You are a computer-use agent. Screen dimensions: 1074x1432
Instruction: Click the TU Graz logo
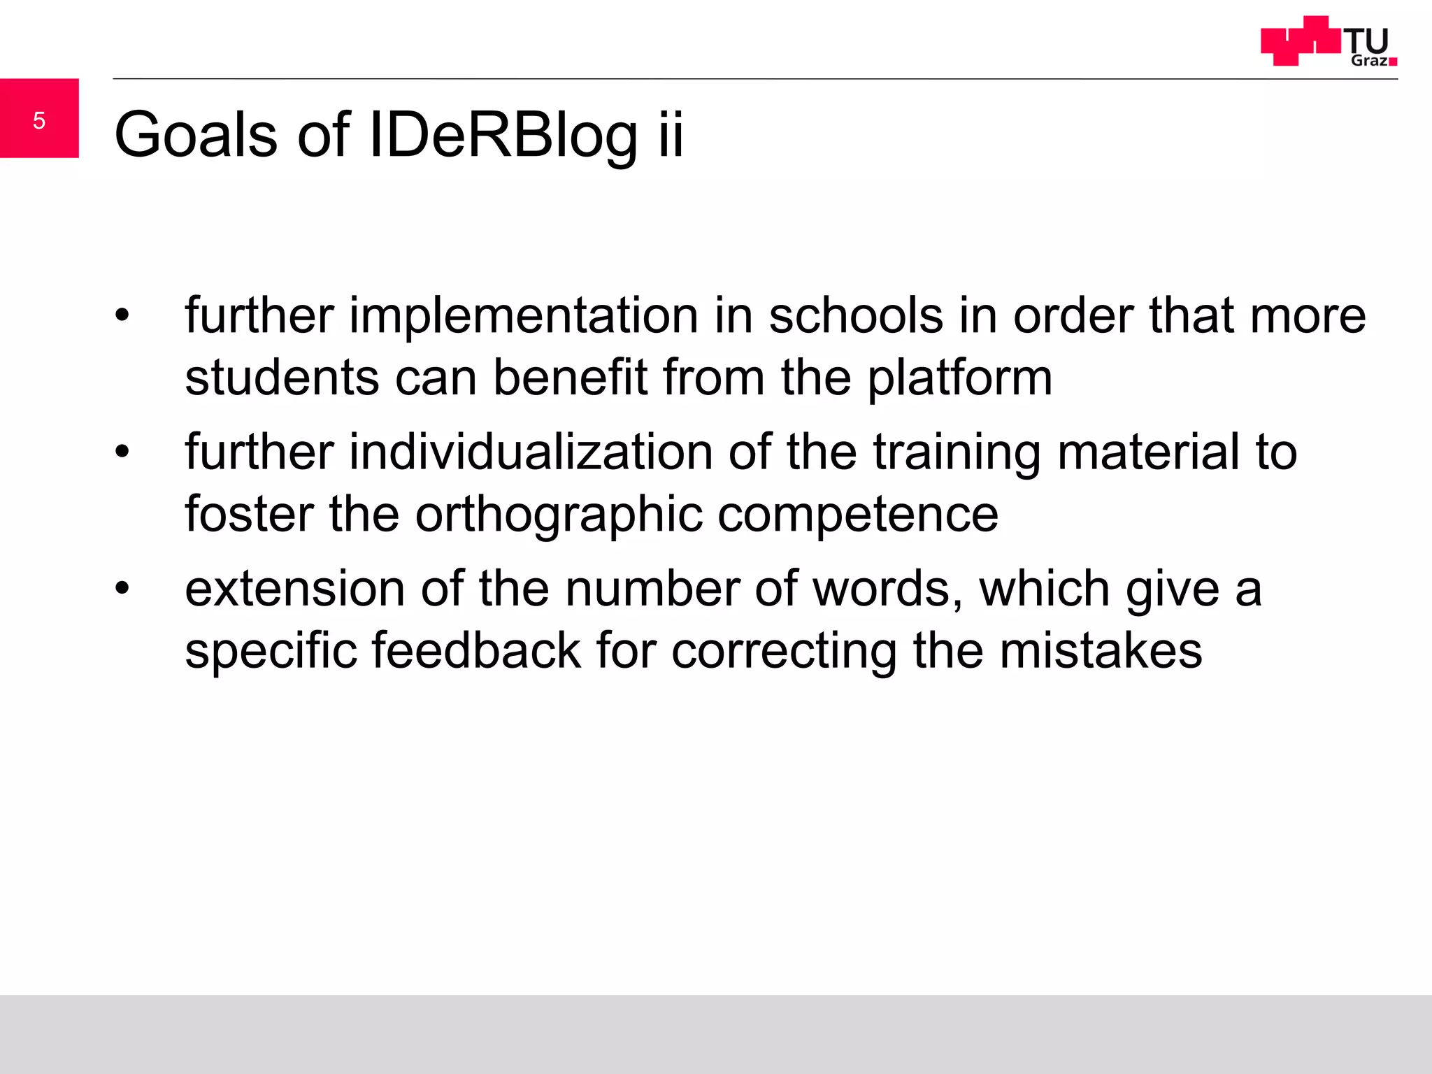(x=1329, y=42)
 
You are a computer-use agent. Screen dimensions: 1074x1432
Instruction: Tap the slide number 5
(x=39, y=120)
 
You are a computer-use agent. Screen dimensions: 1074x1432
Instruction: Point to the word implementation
(x=524, y=316)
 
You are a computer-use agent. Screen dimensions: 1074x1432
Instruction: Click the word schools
(x=856, y=316)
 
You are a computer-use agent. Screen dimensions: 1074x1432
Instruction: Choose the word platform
(x=959, y=378)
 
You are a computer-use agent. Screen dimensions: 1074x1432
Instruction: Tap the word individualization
(x=531, y=452)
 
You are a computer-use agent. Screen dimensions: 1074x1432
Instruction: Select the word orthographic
(x=559, y=515)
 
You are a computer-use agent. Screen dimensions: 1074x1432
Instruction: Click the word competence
(x=858, y=515)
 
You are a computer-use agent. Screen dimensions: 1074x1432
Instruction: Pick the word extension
(x=294, y=589)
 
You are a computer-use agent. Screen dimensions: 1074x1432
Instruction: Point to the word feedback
(x=476, y=650)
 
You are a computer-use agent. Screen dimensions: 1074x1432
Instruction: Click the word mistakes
(x=1101, y=650)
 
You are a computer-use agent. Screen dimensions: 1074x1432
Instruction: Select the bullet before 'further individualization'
(x=122, y=452)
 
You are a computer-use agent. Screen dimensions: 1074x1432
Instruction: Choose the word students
(x=282, y=378)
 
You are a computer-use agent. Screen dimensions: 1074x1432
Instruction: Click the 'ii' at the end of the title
(x=670, y=134)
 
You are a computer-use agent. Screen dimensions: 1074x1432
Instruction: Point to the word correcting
(x=784, y=650)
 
